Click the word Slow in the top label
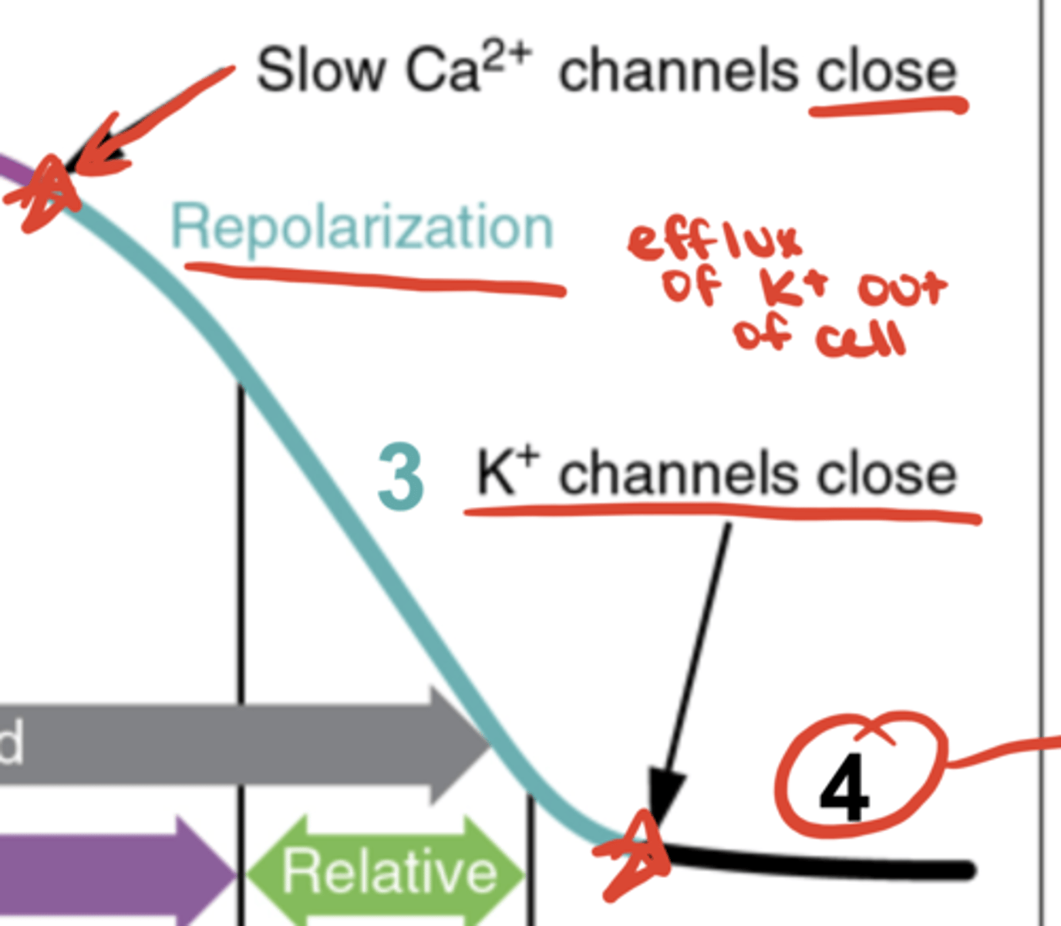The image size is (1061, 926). coord(320,71)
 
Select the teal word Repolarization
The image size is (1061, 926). coord(362,227)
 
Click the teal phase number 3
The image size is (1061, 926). coord(400,477)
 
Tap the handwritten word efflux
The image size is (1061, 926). coord(714,241)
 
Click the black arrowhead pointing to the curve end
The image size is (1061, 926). coord(665,795)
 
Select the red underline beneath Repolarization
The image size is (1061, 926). coord(376,279)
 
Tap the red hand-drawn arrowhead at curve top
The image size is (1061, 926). coord(46,189)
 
